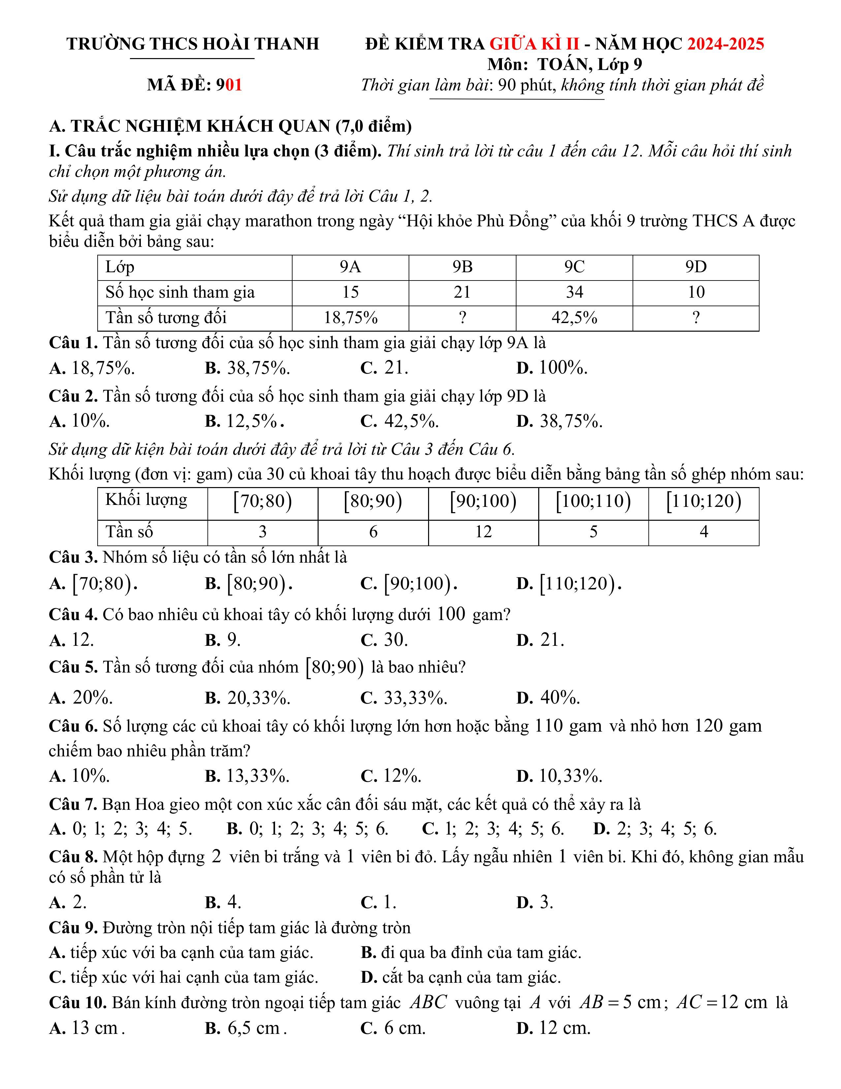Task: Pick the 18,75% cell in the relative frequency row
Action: (350, 317)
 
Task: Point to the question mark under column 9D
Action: (696, 317)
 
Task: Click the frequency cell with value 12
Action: (483, 532)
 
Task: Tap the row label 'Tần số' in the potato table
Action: (129, 532)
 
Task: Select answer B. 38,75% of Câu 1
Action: (248, 369)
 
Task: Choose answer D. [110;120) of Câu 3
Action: (569, 583)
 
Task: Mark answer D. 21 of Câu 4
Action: (541, 640)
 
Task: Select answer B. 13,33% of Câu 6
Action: (248, 776)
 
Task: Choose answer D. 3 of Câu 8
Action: (535, 903)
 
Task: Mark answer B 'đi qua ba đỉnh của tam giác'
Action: (471, 953)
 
